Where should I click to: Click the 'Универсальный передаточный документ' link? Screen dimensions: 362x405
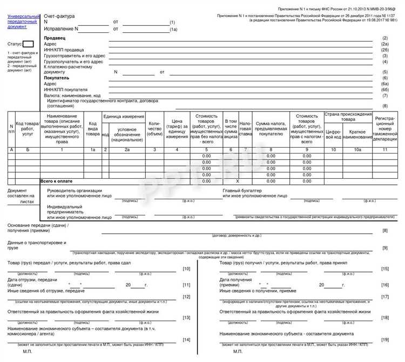pos(23,22)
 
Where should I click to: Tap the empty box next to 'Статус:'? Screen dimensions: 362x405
pos(29,44)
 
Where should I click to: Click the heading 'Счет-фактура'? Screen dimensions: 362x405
pos(59,17)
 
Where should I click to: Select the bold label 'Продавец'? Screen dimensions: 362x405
pos(55,38)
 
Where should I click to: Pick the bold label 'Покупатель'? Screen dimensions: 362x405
pos(57,78)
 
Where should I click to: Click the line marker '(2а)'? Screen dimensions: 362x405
pos(384,44)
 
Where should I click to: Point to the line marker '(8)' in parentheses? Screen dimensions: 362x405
pos(385,106)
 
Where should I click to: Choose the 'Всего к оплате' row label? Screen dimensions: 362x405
pos(57,182)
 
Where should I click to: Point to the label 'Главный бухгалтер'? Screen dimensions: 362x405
pos(245,191)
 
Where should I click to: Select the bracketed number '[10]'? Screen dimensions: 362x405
pos(186,269)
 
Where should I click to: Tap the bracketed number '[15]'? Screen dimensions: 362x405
pos(385,269)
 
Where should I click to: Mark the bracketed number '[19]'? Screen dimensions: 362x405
pos(385,339)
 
